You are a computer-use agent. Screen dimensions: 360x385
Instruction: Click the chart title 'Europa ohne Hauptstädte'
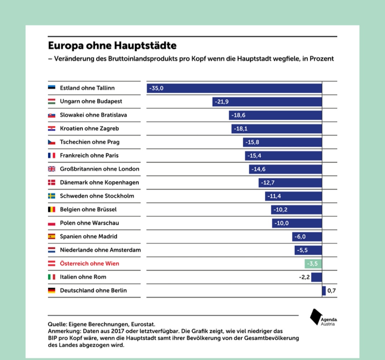[x=112, y=46]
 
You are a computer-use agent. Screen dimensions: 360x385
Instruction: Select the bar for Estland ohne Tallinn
[x=234, y=88]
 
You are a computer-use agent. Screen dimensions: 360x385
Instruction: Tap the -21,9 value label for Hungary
[x=222, y=102]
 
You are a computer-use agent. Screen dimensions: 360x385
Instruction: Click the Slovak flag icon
[x=51, y=115]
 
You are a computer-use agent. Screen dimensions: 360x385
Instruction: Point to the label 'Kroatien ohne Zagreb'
[x=89, y=128]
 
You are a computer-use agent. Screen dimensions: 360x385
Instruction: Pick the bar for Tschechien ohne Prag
[x=282, y=142]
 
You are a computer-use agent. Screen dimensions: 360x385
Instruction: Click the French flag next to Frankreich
[x=51, y=156]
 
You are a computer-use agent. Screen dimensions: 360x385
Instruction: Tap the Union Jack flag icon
[x=51, y=169]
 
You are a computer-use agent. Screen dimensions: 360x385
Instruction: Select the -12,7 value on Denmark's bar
[x=268, y=183]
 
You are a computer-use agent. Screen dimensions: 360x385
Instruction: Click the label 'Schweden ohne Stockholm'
[x=97, y=196]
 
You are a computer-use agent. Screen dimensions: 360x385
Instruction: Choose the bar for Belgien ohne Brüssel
[x=296, y=209]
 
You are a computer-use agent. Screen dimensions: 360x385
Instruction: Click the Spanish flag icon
[x=51, y=236]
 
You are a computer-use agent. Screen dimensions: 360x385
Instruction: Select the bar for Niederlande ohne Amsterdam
[x=308, y=250]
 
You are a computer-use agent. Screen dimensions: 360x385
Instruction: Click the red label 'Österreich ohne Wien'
[x=89, y=263]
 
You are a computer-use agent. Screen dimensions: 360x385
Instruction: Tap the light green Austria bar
[x=313, y=264]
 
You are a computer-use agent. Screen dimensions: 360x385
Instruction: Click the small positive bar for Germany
[x=324, y=291]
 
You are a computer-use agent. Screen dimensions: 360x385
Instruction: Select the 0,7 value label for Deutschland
[x=332, y=291]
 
